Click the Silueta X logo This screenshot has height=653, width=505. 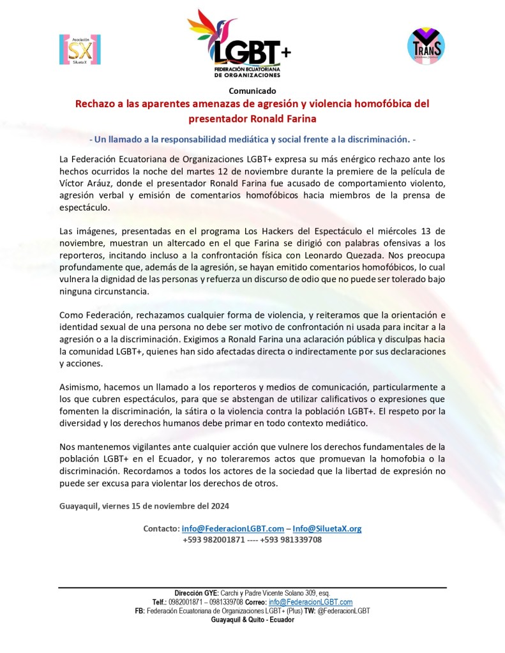80,50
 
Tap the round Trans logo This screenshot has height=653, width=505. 426,45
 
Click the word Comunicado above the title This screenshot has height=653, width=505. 252,90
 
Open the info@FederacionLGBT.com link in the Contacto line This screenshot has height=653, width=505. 232,529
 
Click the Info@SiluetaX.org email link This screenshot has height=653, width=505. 327,529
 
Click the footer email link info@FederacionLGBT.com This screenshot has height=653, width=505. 310,602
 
